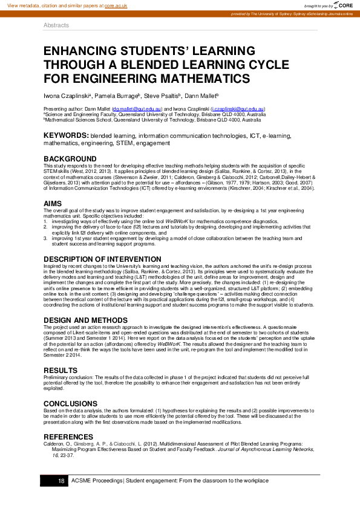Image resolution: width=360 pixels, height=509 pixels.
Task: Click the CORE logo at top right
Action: pos(342,5)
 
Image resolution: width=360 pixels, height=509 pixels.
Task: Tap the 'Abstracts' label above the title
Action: pos(56,25)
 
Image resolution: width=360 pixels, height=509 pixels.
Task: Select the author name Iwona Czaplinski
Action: pos(66,96)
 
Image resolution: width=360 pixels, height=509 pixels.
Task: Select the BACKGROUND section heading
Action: pos(70,159)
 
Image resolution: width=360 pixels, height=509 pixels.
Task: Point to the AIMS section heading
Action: pos(53,203)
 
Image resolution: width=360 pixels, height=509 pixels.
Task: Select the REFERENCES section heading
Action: pos(68,436)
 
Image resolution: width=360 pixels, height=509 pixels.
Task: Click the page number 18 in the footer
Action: pos(61,481)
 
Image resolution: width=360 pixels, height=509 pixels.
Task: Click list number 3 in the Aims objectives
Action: pos(45,239)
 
